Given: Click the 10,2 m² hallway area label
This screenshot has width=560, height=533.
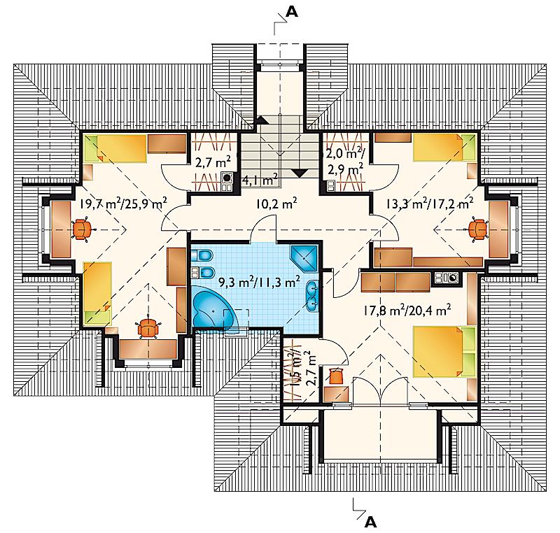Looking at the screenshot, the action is (276, 204).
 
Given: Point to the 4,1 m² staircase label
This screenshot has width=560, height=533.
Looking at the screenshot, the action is (260, 180).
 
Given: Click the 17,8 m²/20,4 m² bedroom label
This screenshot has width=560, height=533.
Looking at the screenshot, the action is (407, 310).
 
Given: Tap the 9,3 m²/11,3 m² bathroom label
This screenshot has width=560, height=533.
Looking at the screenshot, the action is (259, 282).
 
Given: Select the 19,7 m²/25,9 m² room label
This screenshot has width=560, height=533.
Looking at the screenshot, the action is (123, 204).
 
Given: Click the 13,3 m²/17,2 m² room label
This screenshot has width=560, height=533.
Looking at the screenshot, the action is (430, 204).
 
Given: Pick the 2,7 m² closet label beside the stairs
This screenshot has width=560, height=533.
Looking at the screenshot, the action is (213, 163).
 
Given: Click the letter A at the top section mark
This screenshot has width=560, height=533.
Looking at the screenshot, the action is (292, 12).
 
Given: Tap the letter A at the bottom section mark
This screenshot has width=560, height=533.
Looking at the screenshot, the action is (371, 523).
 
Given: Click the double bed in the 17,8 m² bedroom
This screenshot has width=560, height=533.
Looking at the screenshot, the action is (444, 351).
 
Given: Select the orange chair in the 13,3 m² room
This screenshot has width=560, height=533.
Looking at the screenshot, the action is (478, 229).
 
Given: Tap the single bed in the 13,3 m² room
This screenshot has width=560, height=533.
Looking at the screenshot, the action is (444, 148).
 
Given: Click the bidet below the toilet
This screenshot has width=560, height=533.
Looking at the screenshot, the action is (202, 272).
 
